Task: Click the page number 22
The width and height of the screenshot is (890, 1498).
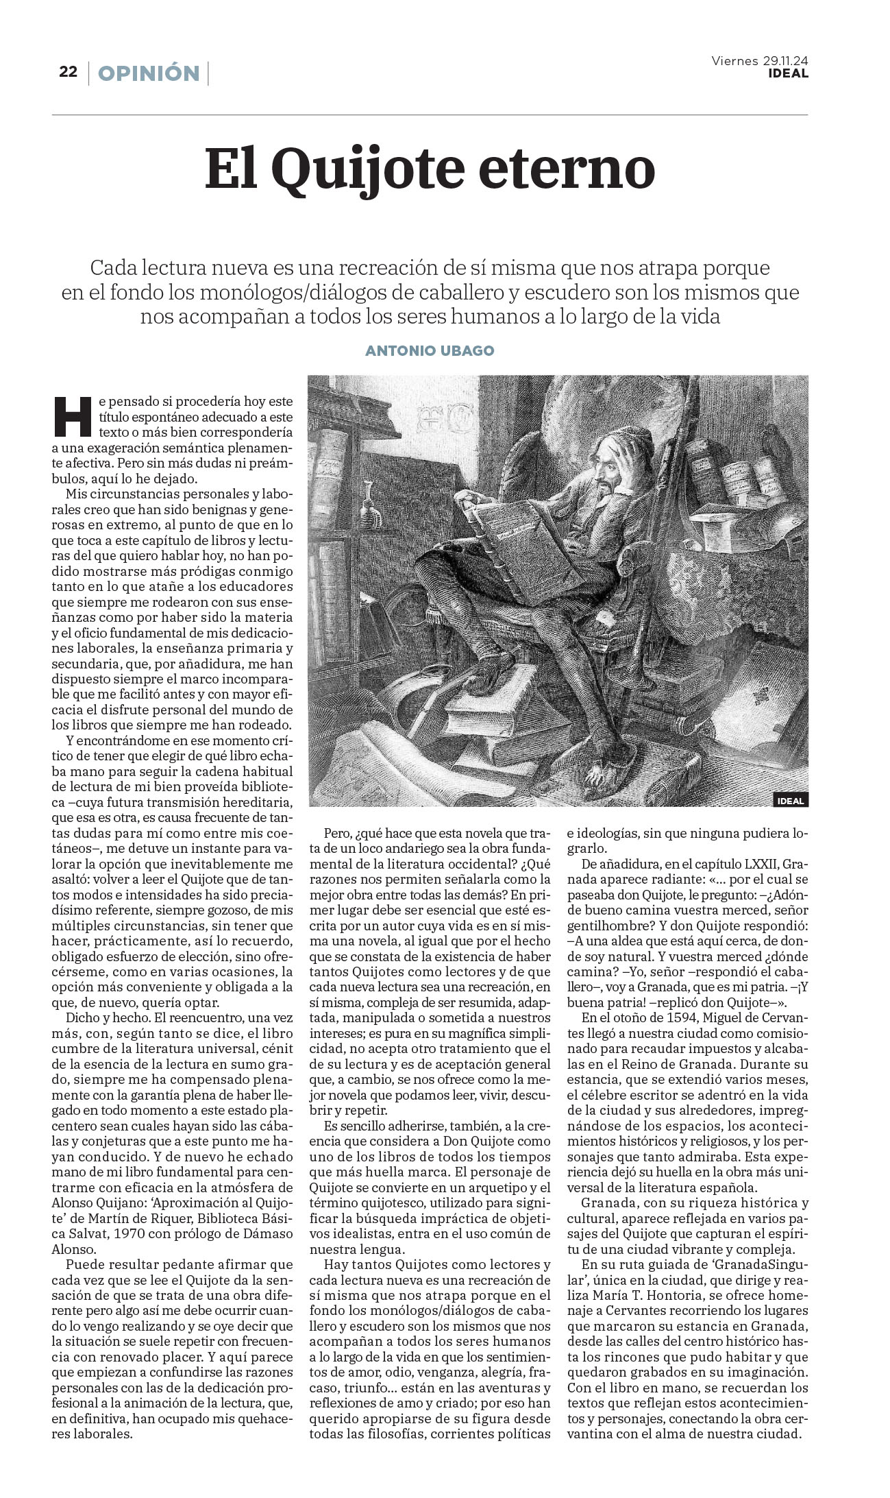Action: [68, 72]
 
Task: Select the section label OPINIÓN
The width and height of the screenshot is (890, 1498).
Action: [148, 73]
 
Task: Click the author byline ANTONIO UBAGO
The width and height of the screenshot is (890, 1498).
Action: [430, 350]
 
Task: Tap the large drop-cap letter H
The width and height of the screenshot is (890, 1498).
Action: [72, 417]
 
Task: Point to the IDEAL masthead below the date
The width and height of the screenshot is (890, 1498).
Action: [788, 73]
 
